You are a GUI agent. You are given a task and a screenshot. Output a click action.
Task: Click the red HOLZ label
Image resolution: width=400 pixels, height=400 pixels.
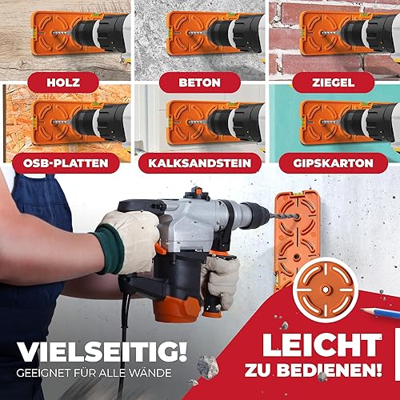coord(63,82)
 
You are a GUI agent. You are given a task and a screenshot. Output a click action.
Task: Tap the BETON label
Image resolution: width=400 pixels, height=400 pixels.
coord(200,82)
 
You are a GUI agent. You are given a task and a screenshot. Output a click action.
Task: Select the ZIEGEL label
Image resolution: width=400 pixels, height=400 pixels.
coord(334,82)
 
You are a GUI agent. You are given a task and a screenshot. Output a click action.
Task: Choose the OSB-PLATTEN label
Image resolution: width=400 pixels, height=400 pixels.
coord(66,163)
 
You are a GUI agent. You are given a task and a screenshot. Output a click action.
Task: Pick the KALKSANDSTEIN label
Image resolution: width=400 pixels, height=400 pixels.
coord(200,163)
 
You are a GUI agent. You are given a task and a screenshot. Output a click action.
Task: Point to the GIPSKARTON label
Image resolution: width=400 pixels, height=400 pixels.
coord(333,163)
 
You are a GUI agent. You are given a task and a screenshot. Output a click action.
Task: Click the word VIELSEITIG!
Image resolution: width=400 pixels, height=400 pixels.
coord(102,351)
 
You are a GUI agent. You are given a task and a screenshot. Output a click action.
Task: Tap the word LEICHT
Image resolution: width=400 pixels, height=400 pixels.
coord(322,345)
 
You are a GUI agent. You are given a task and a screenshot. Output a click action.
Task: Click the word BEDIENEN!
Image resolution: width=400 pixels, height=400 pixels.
coord(329,370)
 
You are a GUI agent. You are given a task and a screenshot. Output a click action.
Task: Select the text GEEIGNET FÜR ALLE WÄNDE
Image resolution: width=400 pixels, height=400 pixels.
coord(94,373)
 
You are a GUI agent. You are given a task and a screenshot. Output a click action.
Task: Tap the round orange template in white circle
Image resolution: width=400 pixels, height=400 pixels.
coord(326,290)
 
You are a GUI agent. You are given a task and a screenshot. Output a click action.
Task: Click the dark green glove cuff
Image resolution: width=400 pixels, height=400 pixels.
coord(110,249)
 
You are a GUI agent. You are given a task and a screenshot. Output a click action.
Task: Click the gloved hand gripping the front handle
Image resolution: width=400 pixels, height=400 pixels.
coord(220,281)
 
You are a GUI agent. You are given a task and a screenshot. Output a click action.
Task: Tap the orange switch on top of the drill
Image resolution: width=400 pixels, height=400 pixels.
coord(198,191)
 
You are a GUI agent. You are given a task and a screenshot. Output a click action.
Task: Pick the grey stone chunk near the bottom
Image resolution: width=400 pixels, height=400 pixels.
coord(208,367)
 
